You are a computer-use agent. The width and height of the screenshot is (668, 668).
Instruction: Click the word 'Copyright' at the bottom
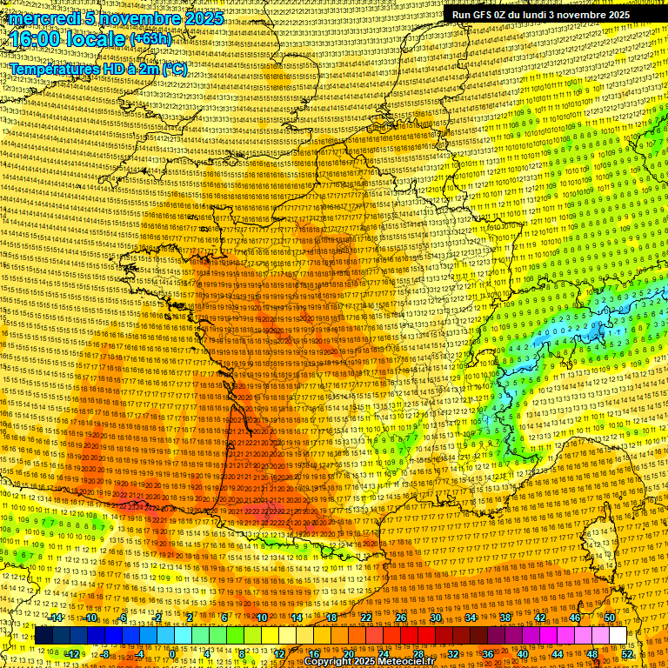(x=331, y=662)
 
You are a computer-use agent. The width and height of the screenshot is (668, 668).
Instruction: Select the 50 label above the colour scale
(x=610, y=618)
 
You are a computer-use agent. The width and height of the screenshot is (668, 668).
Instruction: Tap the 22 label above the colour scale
(x=365, y=618)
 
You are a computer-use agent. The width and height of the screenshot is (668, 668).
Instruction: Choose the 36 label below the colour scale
(x=488, y=654)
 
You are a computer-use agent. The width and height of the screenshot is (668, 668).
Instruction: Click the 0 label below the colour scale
(x=172, y=654)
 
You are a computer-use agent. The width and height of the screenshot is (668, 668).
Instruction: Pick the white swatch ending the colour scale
(x=618, y=636)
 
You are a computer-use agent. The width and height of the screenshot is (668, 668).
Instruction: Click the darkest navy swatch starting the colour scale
(x=43, y=636)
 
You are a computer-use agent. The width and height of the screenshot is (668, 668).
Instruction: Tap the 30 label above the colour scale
(x=436, y=618)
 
